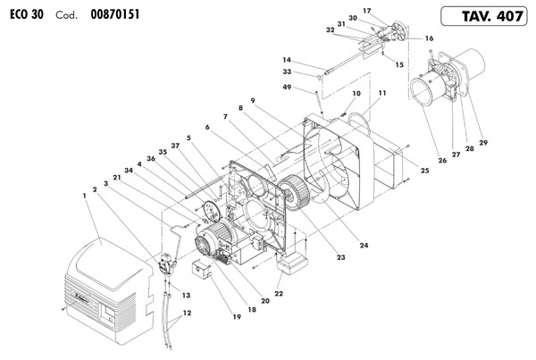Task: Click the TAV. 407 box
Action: (483, 16)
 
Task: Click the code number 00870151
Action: (115, 14)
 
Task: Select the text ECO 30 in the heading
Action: (27, 14)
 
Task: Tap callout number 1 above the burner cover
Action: (84, 196)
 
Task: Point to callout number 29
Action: (483, 143)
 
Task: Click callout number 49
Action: (287, 88)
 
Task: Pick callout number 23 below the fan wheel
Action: (341, 257)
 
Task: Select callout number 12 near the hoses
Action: (187, 313)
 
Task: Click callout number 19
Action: (237, 317)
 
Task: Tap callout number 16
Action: (429, 38)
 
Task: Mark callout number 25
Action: (424, 171)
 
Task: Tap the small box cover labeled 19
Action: (202, 269)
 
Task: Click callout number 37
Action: (175, 146)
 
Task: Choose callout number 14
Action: (287, 60)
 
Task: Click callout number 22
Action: (279, 293)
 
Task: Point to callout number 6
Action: (207, 127)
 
